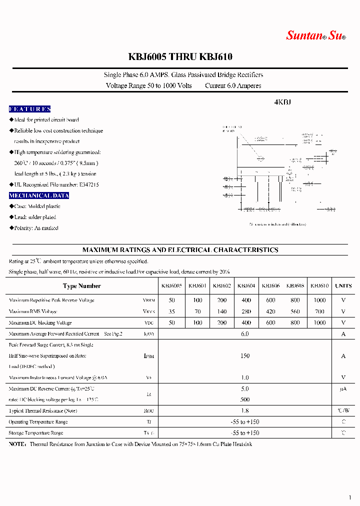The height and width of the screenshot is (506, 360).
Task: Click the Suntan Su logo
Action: coord(315,35)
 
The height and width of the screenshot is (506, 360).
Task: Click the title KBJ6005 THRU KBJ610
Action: coord(180,57)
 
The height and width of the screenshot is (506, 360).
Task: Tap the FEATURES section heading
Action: coord(30,109)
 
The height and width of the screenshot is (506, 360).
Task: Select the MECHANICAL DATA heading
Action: coord(39,195)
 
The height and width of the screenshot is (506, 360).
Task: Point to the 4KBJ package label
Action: coord(282,102)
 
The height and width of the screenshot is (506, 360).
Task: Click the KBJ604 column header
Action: coord(246,286)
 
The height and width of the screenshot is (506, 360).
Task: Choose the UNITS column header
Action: coord(343,286)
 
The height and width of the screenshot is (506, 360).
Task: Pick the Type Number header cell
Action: coord(82,286)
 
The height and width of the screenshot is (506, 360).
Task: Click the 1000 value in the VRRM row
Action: coord(319,300)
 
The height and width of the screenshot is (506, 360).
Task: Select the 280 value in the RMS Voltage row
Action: coord(246,311)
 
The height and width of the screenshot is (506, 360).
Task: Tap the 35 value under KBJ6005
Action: coord(172,311)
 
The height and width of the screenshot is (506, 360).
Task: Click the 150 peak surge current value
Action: coord(245,356)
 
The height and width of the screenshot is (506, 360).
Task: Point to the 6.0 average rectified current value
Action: coord(245,334)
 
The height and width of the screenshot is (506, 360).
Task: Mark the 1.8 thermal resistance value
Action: coord(245,411)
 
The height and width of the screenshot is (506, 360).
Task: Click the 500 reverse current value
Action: coord(245,399)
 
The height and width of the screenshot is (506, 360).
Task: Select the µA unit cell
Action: coord(343,389)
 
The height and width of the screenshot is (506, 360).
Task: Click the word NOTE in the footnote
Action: coord(17,444)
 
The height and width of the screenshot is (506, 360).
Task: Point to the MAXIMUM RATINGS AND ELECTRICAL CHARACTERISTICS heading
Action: coord(180,250)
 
